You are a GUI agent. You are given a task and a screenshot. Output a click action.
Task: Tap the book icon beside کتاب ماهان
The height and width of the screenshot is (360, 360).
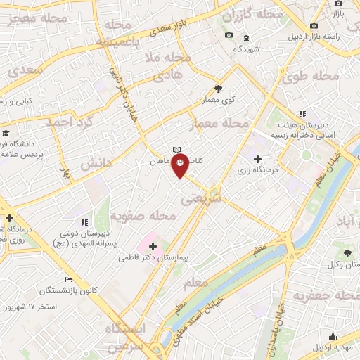pyautogui.click(x=177, y=150)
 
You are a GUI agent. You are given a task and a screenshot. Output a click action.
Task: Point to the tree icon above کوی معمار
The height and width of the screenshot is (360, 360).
pyautogui.click(x=218, y=89)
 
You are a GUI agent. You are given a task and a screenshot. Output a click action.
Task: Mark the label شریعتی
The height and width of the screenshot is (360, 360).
pyautogui.click(x=202, y=200)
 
